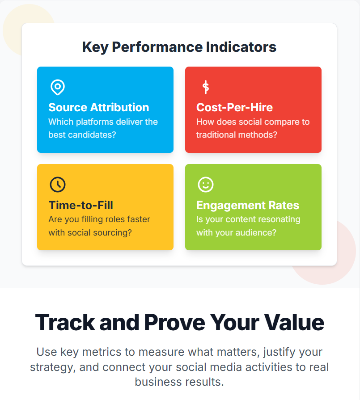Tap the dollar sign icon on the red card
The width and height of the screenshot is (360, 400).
(x=206, y=87)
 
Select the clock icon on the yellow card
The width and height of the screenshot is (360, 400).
(x=58, y=185)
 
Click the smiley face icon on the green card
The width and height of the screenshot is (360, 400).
(x=206, y=185)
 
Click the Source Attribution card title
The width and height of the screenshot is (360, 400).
(x=98, y=107)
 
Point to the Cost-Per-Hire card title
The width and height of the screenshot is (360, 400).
(x=234, y=107)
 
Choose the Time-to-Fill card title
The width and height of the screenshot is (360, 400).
(x=80, y=205)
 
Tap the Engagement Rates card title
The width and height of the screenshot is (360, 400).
(x=248, y=205)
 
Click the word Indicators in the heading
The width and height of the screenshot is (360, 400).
(x=241, y=47)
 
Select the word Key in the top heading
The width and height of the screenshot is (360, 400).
(x=95, y=47)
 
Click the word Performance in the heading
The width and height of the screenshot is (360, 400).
(x=157, y=47)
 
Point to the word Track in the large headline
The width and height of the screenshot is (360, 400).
(x=65, y=322)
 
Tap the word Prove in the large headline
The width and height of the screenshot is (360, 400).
(x=175, y=322)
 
